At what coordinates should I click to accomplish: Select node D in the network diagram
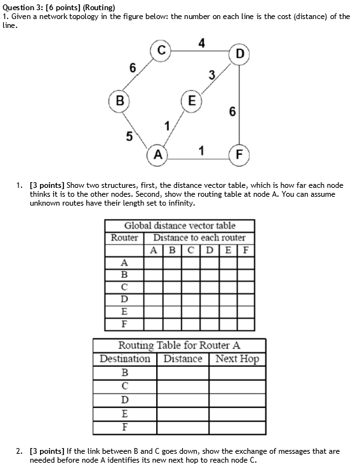click(x=239, y=53)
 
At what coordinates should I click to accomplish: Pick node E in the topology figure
click(x=191, y=100)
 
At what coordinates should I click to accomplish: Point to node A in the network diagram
click(x=156, y=154)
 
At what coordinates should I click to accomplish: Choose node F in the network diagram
click(x=239, y=154)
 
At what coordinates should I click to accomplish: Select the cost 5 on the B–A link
click(x=130, y=136)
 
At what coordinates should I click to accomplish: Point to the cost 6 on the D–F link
click(x=232, y=112)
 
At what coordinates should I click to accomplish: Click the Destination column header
click(x=124, y=359)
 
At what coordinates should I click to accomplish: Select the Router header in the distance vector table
click(x=124, y=237)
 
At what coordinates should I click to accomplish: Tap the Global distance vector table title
click(x=180, y=225)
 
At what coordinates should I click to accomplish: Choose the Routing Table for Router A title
click(x=180, y=346)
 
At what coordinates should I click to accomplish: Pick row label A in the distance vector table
click(x=124, y=262)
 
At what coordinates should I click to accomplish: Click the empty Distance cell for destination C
click(x=183, y=386)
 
